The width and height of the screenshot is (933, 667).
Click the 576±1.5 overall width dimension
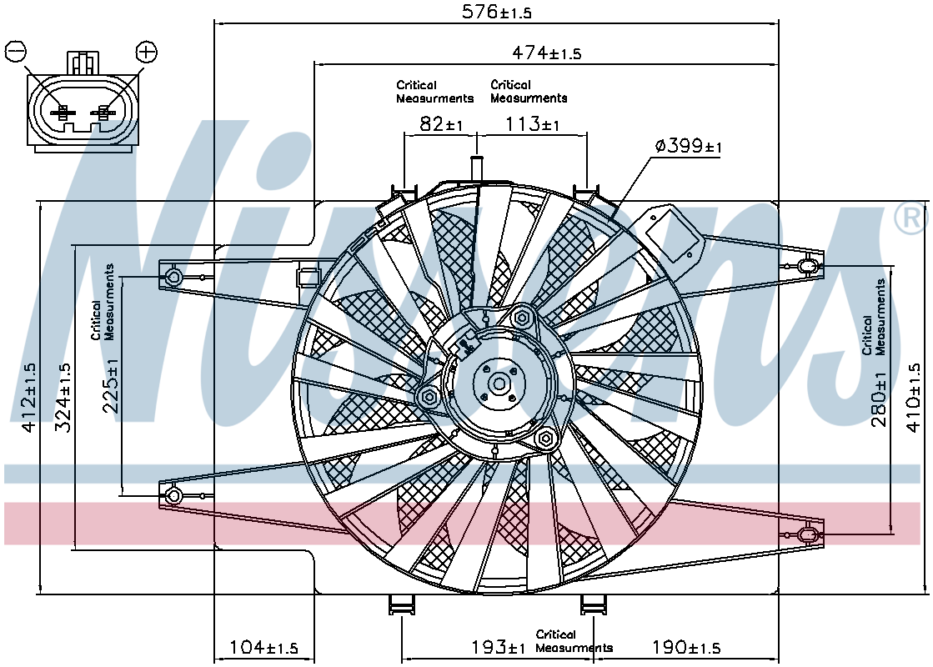coord(496,12)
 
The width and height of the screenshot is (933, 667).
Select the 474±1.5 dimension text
coord(546,53)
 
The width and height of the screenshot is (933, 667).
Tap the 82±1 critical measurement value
coord(441,123)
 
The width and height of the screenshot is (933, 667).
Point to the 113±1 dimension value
coord(532,123)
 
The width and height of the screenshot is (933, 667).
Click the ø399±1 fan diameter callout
coord(688,145)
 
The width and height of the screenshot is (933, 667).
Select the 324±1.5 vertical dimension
coord(63,398)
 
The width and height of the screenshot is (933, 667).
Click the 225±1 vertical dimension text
coord(111,385)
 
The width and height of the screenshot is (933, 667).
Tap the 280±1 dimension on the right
coord(879,399)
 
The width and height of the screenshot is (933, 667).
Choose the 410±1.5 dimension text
coord(912,398)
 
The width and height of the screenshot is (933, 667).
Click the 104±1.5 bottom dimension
coord(263,647)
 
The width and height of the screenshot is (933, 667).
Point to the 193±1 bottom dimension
coord(498,646)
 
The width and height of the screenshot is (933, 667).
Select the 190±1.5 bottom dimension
coord(686,646)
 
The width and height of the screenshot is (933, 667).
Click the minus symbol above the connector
coord(16,51)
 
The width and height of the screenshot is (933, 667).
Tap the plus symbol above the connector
coord(146,51)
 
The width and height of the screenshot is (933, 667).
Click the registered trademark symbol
coord(911,219)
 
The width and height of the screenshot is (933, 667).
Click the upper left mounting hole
coord(174,277)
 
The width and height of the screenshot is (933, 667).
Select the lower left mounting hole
coord(174,495)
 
